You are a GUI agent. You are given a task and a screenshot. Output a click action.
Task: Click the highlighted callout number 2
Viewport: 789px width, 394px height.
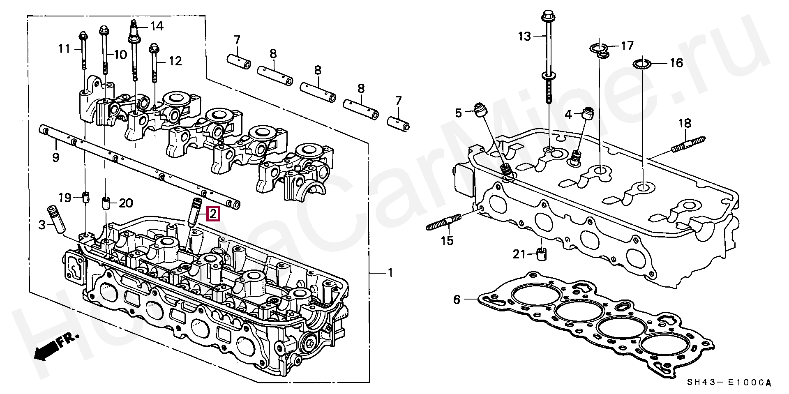click(213, 214)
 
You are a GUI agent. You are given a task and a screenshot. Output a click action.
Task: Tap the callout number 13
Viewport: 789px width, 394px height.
click(524, 37)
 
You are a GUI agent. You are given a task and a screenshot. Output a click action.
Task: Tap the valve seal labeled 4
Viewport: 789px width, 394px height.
click(588, 113)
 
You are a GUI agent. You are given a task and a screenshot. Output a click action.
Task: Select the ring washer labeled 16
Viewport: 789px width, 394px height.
click(642, 64)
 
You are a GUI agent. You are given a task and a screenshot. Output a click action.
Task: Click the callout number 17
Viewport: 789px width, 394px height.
click(627, 45)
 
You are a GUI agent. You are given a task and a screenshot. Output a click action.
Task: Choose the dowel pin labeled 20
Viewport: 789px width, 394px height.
click(105, 203)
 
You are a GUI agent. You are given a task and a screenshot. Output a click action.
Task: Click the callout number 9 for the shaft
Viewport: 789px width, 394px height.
click(55, 157)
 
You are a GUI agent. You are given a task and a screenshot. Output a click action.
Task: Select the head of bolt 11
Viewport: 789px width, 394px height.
click(83, 35)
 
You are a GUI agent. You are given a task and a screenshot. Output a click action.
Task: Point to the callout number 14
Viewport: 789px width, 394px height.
click(156, 27)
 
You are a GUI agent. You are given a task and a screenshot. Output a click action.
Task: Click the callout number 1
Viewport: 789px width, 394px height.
click(390, 272)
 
